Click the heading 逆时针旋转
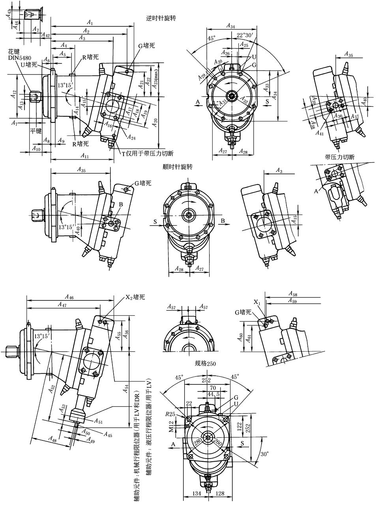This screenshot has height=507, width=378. (x=161, y=19)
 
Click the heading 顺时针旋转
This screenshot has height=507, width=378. (x=178, y=167)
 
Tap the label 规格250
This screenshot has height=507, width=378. (x=206, y=363)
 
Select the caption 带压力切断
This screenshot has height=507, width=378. (x=340, y=157)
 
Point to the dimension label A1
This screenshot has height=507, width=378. (x=90, y=22)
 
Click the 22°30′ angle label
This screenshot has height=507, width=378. (x=245, y=35)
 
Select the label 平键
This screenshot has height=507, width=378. (x=36, y=130)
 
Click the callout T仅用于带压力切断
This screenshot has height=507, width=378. (x=148, y=153)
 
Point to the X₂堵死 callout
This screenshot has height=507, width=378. (x=133, y=297)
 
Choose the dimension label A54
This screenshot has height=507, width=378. (x=125, y=388)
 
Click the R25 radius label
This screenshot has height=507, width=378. (x=170, y=414)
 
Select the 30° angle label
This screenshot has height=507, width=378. (x=265, y=454)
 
